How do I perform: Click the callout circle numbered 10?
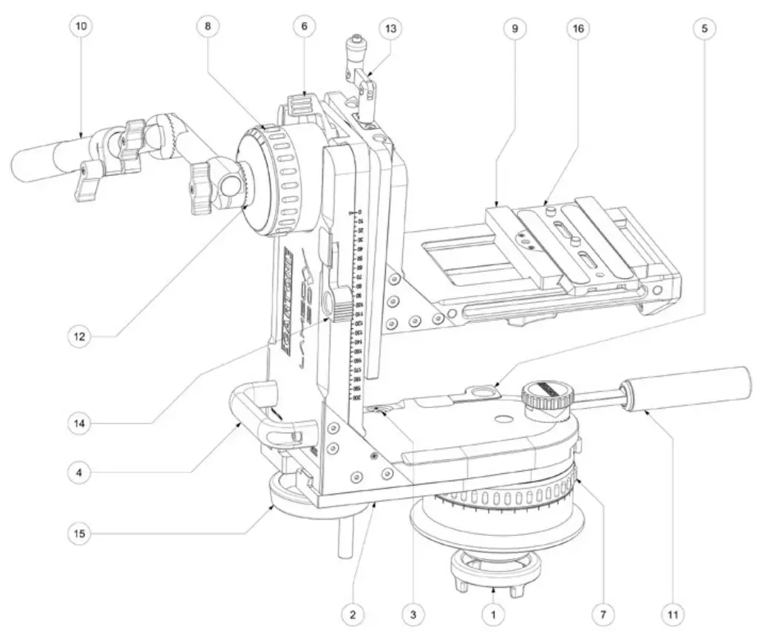click(x=81, y=26)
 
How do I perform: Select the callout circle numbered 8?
click(x=208, y=26)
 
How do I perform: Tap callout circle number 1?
click(x=491, y=613)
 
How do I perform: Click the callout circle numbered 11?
click(x=673, y=613)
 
